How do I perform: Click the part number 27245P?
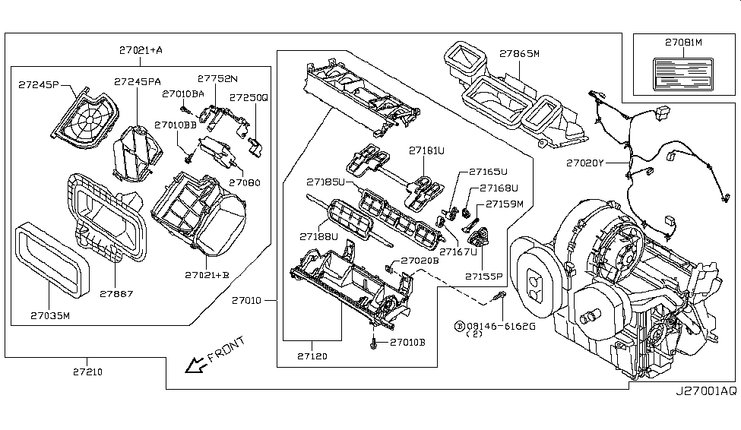[38, 85]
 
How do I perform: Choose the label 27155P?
[483, 277]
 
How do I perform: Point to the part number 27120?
[312, 355]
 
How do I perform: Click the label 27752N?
[217, 78]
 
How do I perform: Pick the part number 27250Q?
[249, 97]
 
